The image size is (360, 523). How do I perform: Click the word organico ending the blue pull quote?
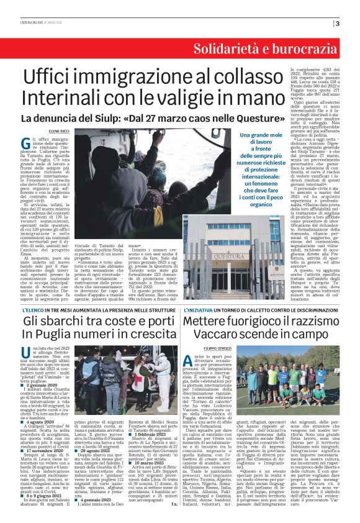240,203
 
